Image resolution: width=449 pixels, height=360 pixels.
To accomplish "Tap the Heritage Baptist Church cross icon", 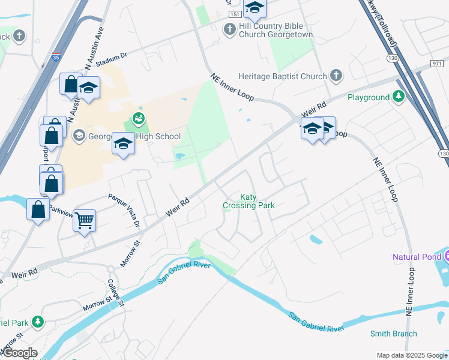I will pyautogui.click(x=336, y=76).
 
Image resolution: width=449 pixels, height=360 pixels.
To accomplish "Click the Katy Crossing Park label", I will pyautogui.click(x=249, y=201).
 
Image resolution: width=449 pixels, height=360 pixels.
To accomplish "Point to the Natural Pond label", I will pyautogui.click(x=416, y=257).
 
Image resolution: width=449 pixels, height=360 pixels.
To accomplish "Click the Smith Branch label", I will pyautogui.click(x=393, y=334).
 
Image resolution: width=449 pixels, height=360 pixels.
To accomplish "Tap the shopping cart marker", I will pyautogui.click(x=84, y=220).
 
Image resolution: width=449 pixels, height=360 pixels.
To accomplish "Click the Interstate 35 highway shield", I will pyautogui.click(x=56, y=58).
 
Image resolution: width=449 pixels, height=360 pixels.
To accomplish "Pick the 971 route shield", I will pyautogui.click(x=437, y=63).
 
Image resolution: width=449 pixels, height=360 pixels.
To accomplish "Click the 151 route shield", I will pyautogui.click(x=235, y=14).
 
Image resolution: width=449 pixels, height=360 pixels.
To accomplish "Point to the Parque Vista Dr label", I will pyautogui.click(x=124, y=210).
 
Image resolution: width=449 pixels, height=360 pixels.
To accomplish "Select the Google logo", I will pyautogui.click(x=20, y=353).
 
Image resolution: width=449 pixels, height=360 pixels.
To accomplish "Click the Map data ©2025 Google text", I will pyautogui.click(x=411, y=355).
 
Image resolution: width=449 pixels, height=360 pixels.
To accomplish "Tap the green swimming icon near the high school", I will pyautogui.click(x=139, y=118).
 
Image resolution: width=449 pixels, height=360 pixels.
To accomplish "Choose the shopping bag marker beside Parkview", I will pyautogui.click(x=38, y=210).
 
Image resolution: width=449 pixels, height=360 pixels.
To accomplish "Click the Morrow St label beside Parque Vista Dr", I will pyautogui.click(x=130, y=253).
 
